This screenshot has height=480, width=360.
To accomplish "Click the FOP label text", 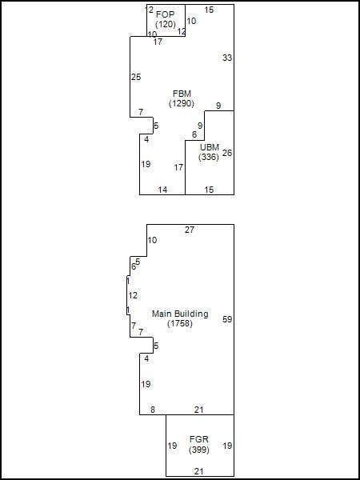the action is click(x=166, y=14).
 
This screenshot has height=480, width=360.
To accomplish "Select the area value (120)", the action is click(x=166, y=24).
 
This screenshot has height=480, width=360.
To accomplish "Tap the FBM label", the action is click(x=182, y=94).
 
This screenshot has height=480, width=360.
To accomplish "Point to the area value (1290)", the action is click(x=182, y=103).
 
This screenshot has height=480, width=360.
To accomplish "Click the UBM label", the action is click(x=209, y=147).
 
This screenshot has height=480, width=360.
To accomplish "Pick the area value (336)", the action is click(x=209, y=157).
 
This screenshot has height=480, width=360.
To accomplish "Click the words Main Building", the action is click(x=180, y=314).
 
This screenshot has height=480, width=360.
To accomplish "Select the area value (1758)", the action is click(x=180, y=323).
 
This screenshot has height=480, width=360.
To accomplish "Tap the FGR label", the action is click(x=199, y=439).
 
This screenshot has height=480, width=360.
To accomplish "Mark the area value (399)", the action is click(x=199, y=450).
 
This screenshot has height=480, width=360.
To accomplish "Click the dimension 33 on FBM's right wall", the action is click(x=227, y=58).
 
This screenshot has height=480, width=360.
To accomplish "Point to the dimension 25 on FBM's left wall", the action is click(x=136, y=77).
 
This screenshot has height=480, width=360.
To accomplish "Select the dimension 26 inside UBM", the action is click(x=227, y=153).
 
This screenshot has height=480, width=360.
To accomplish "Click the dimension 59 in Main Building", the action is click(x=227, y=319).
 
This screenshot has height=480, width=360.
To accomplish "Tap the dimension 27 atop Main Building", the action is click(x=190, y=230).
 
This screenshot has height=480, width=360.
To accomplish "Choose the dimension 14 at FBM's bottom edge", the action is click(x=162, y=190).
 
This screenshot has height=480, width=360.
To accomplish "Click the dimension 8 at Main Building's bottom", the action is click(x=153, y=410).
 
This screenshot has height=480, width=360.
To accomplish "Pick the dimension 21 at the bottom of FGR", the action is click(x=199, y=471).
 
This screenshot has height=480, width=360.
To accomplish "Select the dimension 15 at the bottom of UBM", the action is click(x=209, y=190).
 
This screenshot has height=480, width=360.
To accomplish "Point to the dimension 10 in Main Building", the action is click(x=152, y=240).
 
